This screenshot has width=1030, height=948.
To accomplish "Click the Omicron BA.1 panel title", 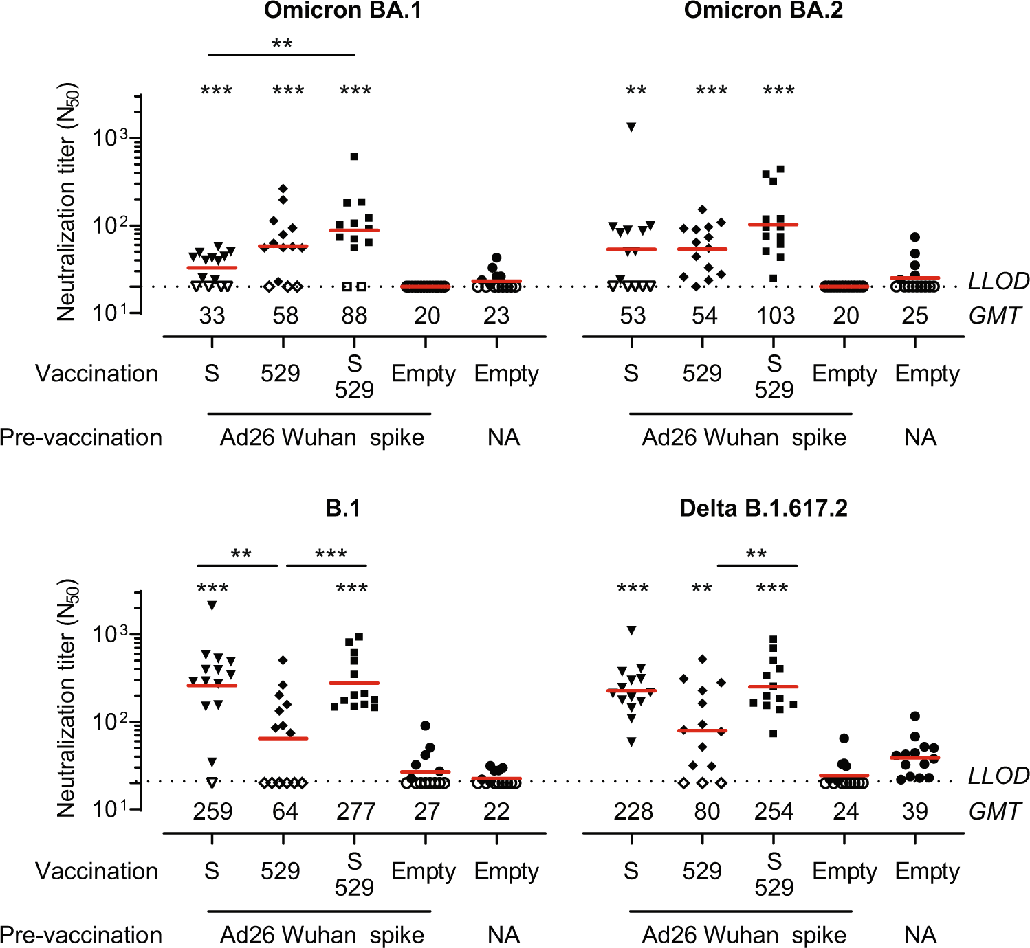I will [342, 11].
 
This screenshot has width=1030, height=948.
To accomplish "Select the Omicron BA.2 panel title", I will [763, 11].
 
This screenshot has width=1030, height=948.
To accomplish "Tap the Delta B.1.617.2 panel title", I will [763, 508].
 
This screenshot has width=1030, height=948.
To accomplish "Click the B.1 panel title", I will [342, 508].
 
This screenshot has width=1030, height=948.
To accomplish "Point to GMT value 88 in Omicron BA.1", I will [354, 316].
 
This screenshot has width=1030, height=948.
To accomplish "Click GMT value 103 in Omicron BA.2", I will [776, 316].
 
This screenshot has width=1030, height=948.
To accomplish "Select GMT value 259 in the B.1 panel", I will [212, 812].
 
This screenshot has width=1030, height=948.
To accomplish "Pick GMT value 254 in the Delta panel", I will [774, 812].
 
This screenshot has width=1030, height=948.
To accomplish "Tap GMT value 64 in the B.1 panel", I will [285, 812].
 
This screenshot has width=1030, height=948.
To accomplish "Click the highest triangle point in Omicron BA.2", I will [631, 126].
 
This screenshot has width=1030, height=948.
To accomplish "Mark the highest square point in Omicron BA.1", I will [354, 157].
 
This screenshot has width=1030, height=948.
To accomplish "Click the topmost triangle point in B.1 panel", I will [212, 605].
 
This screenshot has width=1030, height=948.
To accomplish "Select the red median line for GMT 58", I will [283, 246].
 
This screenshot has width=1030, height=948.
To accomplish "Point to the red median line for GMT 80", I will [702, 730].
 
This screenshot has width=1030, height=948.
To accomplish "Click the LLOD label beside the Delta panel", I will [998, 776].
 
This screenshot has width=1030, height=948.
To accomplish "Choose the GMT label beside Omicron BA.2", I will [994, 316].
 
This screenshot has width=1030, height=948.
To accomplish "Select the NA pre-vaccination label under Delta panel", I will [920, 935].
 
